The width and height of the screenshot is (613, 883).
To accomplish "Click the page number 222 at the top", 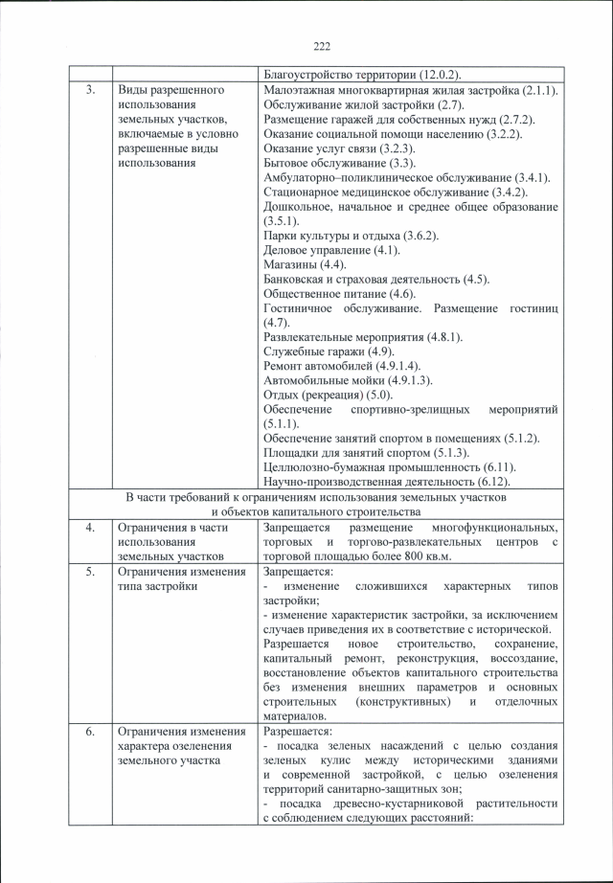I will point(321,46).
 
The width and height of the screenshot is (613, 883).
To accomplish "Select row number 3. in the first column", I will point(89,90).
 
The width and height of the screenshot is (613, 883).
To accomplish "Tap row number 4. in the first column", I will point(89,528).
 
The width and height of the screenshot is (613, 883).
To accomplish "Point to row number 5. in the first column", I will point(89,573).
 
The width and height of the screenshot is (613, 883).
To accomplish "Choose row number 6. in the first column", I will point(89,733).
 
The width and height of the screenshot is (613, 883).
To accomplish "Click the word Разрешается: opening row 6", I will point(294,733).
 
